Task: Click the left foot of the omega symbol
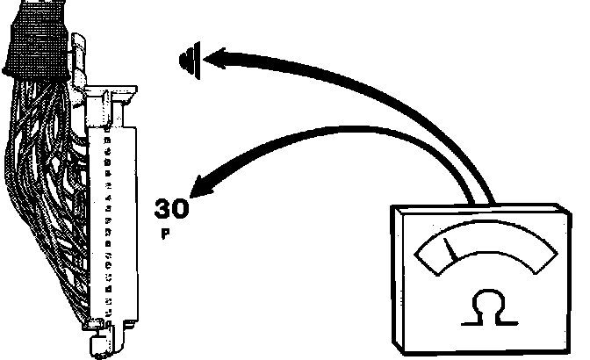468,320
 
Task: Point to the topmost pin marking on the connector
107,138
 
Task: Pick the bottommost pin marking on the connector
106,313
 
